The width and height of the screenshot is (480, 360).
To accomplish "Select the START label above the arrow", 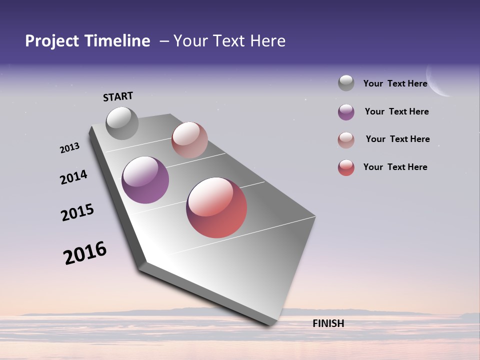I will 118,96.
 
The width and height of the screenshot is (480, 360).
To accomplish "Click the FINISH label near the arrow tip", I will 328,323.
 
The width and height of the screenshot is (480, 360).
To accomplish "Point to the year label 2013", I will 69,148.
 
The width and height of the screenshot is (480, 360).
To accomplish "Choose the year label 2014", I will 73,177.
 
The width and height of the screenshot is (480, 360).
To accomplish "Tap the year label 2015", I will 77,212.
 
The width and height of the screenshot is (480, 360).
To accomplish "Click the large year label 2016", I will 85,253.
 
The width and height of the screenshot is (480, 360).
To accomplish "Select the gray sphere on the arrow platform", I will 122,123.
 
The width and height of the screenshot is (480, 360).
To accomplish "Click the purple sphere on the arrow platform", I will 145,180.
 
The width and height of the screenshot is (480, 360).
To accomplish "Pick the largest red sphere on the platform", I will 216,207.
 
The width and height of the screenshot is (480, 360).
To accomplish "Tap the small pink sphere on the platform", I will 189,140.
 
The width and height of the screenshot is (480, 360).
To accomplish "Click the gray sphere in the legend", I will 346,83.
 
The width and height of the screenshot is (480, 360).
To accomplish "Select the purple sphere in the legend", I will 346,112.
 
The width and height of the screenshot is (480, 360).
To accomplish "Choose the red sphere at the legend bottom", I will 346,167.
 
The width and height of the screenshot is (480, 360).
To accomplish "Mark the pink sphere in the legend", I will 346,140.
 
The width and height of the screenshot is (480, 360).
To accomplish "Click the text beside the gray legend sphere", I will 395,83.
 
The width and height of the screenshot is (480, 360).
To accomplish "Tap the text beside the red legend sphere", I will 395,167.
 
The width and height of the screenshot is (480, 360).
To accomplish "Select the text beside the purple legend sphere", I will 396,111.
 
